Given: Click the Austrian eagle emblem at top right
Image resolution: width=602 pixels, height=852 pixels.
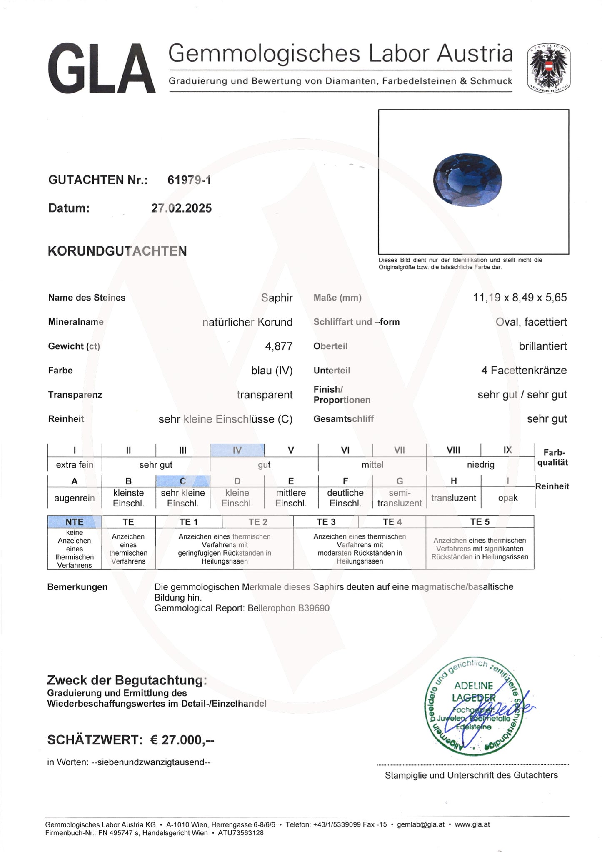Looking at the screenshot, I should [548, 69].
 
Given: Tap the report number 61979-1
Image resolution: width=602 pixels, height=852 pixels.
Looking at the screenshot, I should [189, 180].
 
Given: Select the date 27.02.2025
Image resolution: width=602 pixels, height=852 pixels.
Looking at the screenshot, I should [181, 208].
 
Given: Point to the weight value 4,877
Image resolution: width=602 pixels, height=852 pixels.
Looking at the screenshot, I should [279, 346].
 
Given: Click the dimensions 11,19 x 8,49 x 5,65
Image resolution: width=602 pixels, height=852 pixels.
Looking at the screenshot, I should [520, 298].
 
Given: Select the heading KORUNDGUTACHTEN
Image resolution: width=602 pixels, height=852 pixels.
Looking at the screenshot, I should [117, 251].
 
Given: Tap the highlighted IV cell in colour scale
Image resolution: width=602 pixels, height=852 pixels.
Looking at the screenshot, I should [237, 450].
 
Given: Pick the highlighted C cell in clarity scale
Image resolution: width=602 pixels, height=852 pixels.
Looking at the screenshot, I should [183, 481].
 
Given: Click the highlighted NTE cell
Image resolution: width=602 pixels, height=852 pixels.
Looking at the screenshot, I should [75, 522].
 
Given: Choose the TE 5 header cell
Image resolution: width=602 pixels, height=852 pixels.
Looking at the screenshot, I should [480, 522].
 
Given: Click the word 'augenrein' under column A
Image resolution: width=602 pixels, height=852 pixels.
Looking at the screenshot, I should [75, 498].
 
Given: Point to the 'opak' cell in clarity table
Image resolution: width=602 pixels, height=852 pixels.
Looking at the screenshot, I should [507, 498].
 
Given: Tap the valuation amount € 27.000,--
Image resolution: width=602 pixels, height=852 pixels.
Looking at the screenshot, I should [182, 740].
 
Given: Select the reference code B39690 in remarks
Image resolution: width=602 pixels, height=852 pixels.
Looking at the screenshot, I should [313, 608].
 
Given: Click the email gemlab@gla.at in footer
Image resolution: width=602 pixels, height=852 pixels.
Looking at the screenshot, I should [420, 824].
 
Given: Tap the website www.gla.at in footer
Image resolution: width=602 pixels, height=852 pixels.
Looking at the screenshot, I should [472, 824].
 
